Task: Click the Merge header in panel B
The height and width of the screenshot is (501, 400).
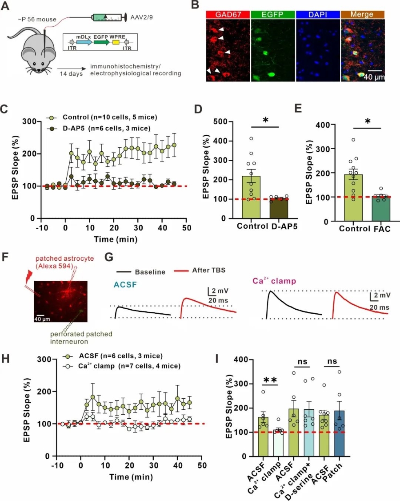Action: (361, 14)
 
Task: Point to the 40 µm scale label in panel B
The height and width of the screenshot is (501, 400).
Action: (373, 77)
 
